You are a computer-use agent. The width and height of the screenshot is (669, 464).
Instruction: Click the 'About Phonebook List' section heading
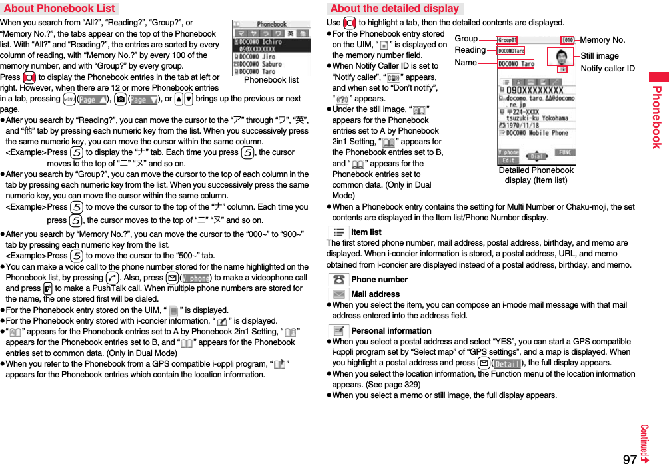pyautogui.click(x=59, y=8)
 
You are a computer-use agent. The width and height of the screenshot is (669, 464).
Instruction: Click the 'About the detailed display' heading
pyautogui.click(x=394, y=8)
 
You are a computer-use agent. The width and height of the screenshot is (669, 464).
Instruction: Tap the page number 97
pyautogui.click(x=629, y=458)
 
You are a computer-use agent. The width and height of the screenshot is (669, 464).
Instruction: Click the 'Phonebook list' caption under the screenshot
pyautogui.click(x=271, y=80)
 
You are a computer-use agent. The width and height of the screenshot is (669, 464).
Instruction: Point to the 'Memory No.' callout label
pyautogui.click(x=602, y=40)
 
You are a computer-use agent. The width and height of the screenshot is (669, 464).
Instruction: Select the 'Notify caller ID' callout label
pyautogui.click(x=607, y=69)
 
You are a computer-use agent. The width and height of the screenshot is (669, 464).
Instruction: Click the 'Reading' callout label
pyautogui.click(x=470, y=50)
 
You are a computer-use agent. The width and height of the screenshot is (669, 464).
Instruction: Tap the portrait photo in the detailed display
pyautogui.click(x=559, y=55)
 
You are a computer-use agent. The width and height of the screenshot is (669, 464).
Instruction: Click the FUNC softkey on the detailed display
pyautogui.click(x=564, y=152)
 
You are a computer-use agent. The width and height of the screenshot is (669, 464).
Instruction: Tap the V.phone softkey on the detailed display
pyautogui.click(x=509, y=152)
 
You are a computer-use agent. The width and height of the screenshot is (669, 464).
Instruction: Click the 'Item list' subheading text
pyautogui.click(x=366, y=232)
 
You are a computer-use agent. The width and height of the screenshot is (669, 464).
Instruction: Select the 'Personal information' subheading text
pyautogui.click(x=391, y=330)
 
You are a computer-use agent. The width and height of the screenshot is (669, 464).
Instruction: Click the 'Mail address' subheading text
pyautogui.click(x=375, y=294)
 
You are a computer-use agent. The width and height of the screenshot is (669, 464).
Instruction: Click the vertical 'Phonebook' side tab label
pyautogui.click(x=656, y=116)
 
